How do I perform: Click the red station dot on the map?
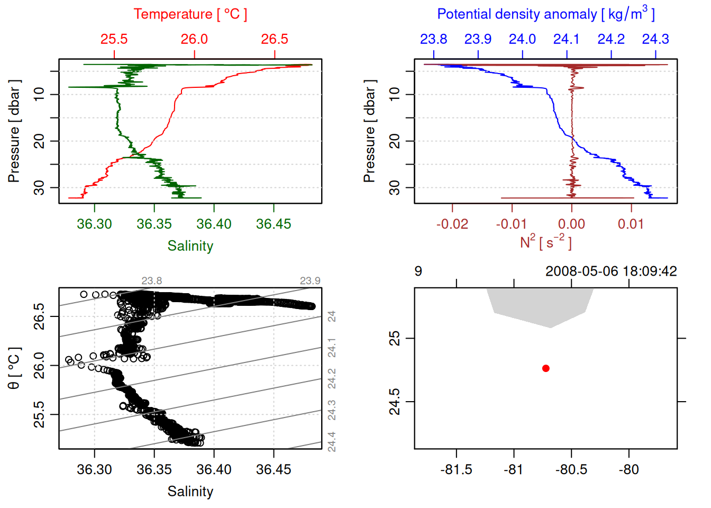(545, 368)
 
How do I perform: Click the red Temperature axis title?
(190, 14)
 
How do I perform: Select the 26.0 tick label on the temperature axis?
(194, 39)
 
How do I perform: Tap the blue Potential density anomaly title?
(545, 14)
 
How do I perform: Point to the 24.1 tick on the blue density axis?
(567, 39)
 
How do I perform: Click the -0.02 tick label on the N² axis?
(452, 224)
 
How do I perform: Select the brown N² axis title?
(545, 242)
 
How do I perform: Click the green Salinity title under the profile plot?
(190, 246)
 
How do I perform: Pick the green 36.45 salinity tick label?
(274, 224)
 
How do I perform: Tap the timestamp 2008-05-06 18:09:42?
(611, 271)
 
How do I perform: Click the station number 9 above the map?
(418, 271)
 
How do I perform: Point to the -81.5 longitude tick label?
(456, 469)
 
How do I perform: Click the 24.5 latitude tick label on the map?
(395, 402)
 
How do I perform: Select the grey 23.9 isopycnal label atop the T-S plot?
(310, 281)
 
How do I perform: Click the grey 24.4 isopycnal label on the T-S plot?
(332, 442)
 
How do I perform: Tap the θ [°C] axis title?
(14, 368)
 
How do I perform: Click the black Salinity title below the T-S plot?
(190, 492)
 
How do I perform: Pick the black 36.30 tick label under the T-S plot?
(95, 469)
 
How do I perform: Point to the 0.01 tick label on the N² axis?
(631, 224)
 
